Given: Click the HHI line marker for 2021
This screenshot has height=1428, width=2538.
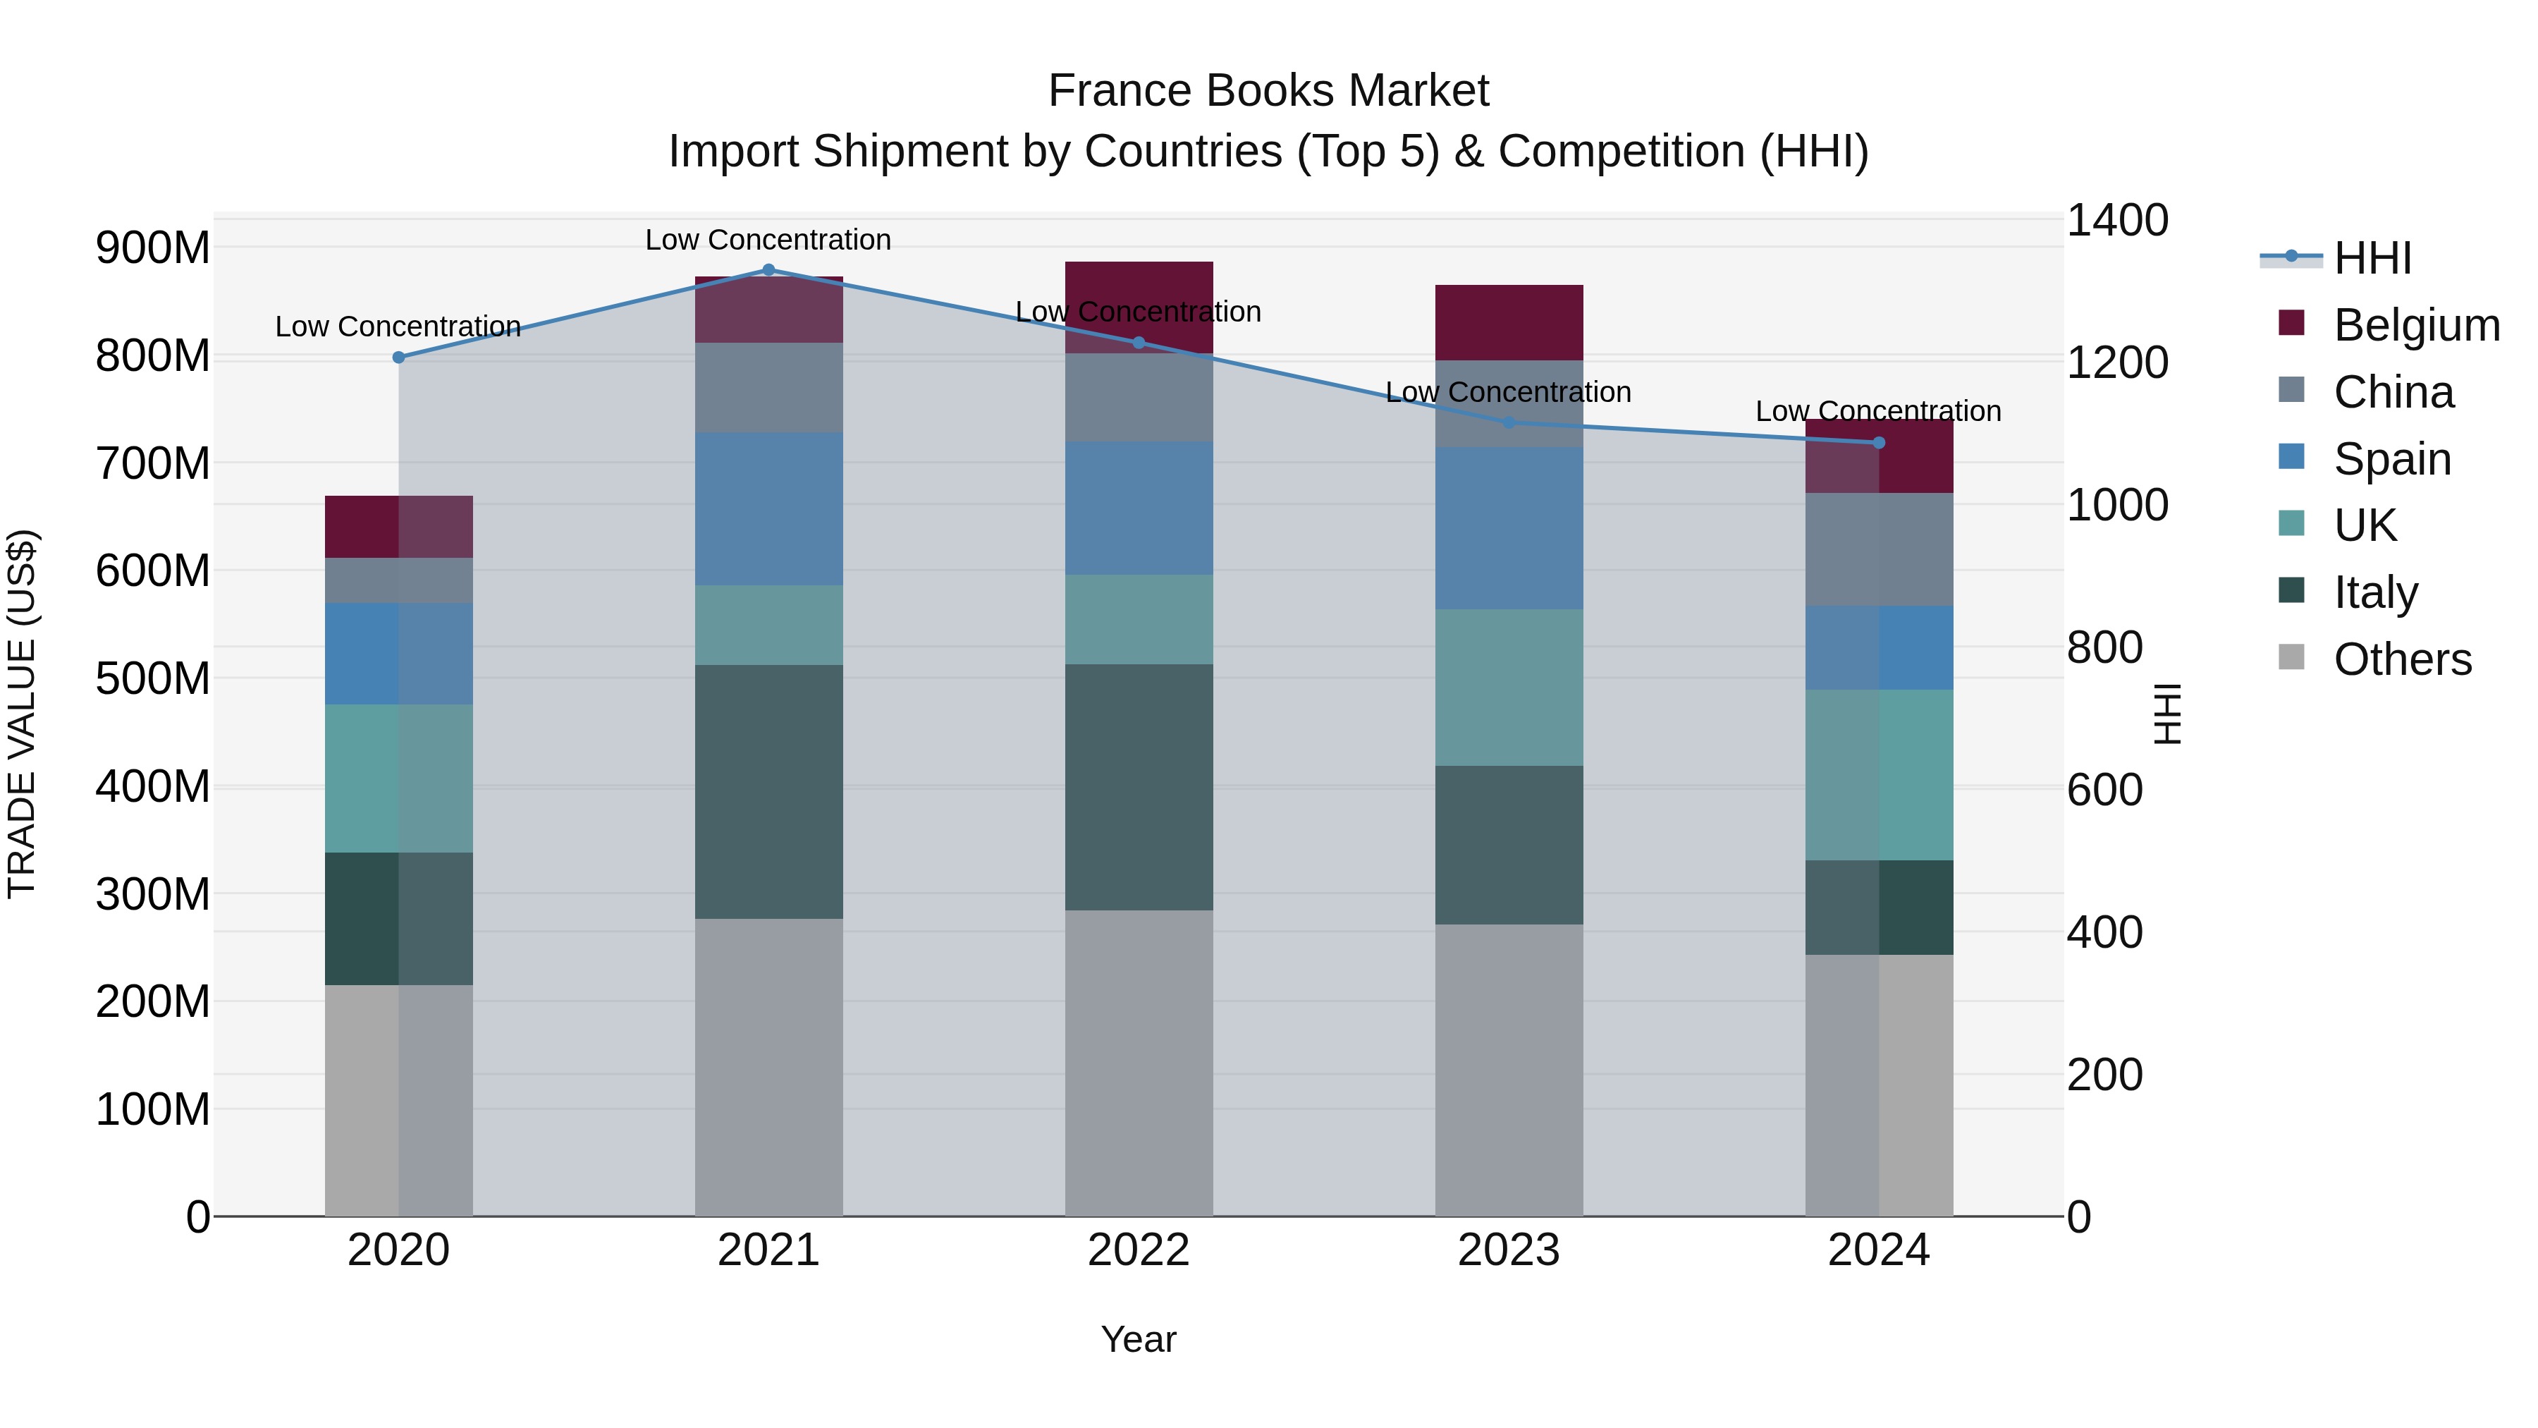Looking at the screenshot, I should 768,270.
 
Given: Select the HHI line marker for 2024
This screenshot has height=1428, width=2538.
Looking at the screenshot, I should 1878,442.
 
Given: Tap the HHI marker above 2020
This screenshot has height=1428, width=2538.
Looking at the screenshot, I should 399,358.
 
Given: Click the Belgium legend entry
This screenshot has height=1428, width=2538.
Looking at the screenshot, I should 2416,325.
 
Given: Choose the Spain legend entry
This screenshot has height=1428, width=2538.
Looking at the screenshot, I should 2391,459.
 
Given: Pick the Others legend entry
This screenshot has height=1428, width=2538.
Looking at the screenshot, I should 2401,659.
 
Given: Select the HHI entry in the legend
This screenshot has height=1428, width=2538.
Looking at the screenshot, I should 2372,258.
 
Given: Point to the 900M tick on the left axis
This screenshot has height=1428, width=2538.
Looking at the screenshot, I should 153,248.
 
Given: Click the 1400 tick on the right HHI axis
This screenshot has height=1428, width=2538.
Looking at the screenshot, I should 2117,220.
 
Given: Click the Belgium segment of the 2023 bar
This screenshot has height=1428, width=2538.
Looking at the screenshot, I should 1509,323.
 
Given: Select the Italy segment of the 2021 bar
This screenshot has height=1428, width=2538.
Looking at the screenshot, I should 768,791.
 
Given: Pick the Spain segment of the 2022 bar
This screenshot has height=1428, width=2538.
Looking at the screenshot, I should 1139,508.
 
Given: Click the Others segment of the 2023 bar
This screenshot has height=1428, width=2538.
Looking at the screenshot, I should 1509,1069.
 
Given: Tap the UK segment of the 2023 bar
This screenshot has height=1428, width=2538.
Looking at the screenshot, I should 1509,687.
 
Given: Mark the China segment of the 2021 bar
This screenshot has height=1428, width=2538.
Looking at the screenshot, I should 768,387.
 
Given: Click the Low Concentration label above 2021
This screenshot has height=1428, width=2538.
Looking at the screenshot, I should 768,240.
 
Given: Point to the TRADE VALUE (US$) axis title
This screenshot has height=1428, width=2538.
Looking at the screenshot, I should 23,714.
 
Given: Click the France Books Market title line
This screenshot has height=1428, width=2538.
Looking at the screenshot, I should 1268,91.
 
